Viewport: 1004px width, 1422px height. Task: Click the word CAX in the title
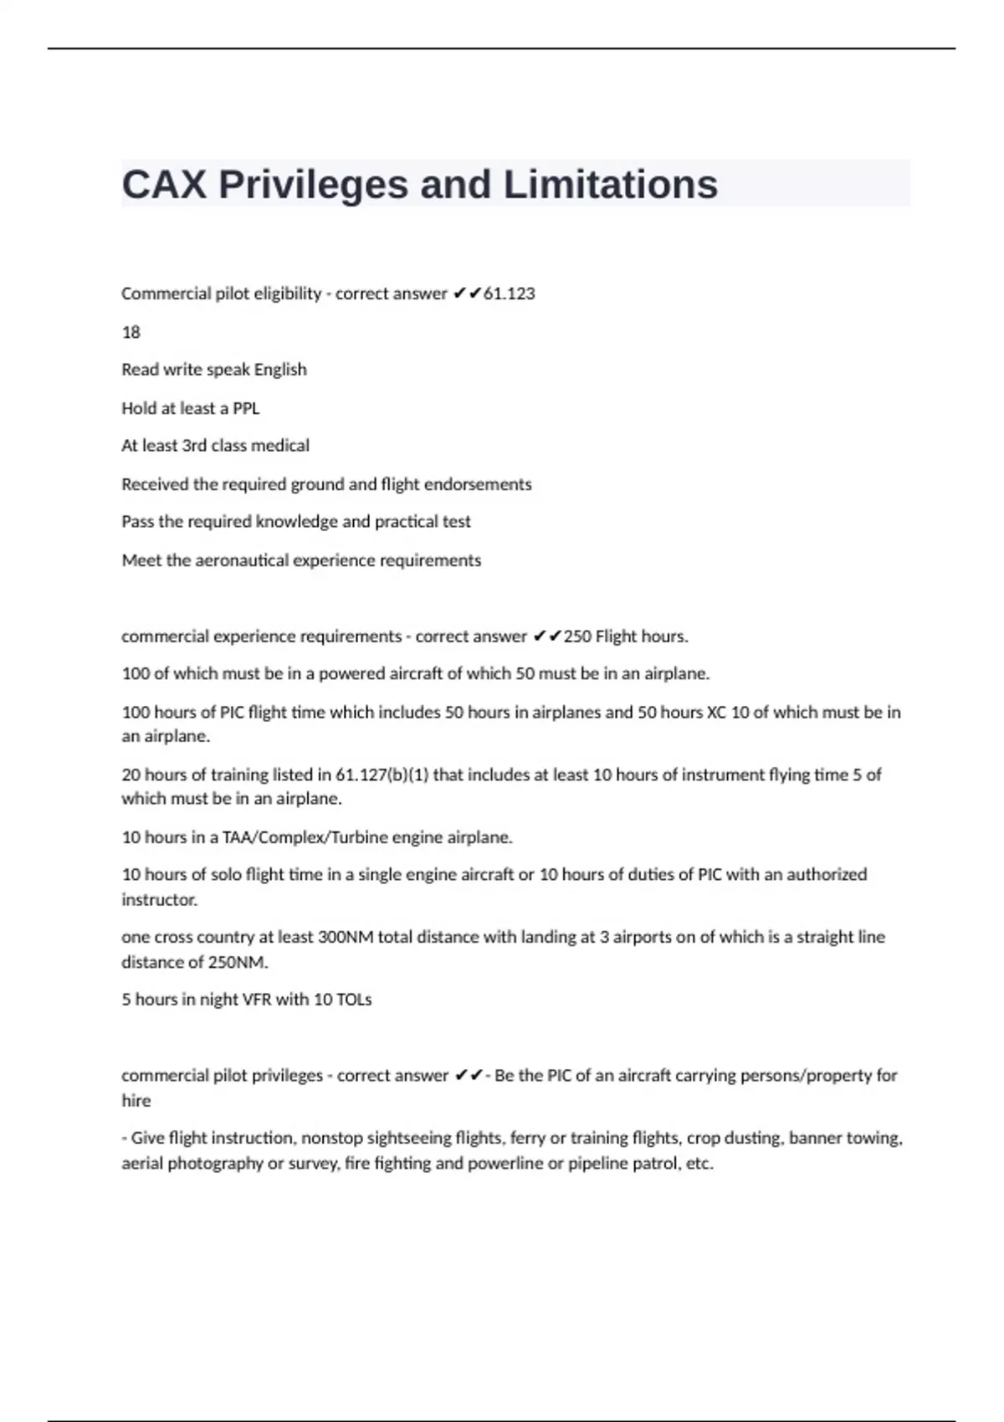(164, 185)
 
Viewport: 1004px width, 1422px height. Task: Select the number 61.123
(510, 294)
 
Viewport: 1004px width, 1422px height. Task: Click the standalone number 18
(131, 332)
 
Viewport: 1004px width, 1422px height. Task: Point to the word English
(280, 370)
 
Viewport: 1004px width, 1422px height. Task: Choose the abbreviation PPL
(246, 408)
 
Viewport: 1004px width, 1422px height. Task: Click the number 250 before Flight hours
(576, 637)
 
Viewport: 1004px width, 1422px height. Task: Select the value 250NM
(238, 962)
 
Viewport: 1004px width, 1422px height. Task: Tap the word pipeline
(597, 1164)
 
